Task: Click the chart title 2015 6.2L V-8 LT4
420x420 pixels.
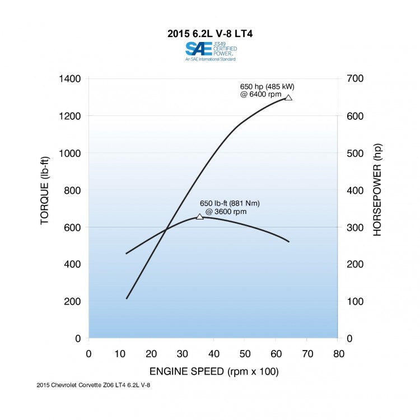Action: (210, 33)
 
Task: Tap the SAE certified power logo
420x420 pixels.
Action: (210, 50)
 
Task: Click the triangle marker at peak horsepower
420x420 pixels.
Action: (288, 97)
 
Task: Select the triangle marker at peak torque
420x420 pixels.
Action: (200, 216)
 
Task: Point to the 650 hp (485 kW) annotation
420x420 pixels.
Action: (267, 91)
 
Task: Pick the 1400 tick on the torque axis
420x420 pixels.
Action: (69, 78)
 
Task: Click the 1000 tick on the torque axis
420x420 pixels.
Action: (69, 153)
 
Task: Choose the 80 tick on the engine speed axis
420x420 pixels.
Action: (338, 354)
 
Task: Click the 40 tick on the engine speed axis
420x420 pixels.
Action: (213, 354)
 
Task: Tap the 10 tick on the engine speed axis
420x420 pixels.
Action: (120, 354)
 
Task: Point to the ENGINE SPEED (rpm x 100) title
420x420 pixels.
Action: (213, 372)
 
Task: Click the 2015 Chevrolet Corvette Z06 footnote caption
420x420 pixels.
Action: (93, 385)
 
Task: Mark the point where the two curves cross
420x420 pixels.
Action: (166, 228)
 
